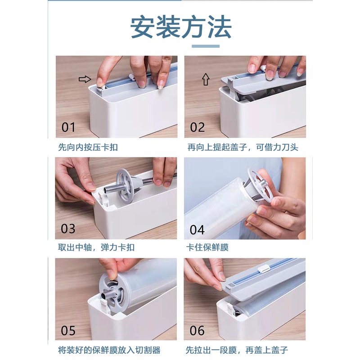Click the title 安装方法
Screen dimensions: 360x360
coord(181,27)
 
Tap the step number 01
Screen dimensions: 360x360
coord(68,127)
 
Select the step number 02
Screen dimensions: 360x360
coord(197,127)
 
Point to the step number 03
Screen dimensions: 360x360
coord(68,229)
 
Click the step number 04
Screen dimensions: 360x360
coord(197,230)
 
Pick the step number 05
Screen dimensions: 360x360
coord(68,331)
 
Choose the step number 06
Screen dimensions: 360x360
coord(197,331)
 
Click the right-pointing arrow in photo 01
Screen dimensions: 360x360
coord(85,79)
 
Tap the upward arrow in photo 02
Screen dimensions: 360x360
coord(206,79)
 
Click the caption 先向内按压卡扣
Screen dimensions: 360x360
coord(88,147)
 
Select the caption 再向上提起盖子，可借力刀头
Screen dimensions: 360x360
coord(243,147)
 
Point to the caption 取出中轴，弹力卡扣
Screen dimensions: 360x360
coord(96,247)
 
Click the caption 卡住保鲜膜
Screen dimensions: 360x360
coord(207,247)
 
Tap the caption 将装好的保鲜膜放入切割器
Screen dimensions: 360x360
coord(109,350)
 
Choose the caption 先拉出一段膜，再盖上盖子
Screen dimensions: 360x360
coord(237,350)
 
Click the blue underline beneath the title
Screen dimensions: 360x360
coord(206,46)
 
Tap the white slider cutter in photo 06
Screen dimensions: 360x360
coord(264,269)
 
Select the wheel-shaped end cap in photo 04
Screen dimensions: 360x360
coord(259,185)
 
